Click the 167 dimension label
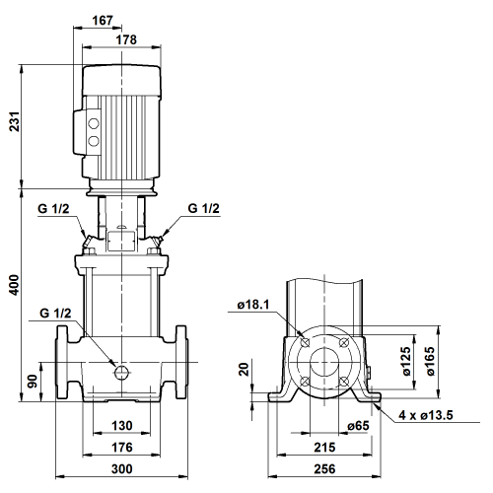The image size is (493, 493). [x=103, y=21]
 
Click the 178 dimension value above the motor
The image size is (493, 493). [x=126, y=39]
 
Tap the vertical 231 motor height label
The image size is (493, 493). [x=15, y=121]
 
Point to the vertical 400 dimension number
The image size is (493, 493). [x=15, y=285]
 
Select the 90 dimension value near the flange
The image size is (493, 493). [x=33, y=381]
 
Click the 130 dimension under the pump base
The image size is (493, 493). [x=122, y=426]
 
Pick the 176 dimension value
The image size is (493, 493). [x=122, y=448]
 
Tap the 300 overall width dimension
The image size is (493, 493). [x=122, y=469]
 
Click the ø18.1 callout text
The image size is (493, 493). [x=253, y=305]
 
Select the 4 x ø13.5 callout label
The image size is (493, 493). [x=426, y=415]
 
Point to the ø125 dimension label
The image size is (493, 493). [x=406, y=361]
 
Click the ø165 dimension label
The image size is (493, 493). [x=430, y=361]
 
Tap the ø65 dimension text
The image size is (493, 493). [x=358, y=426]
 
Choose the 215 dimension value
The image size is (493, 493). [x=324, y=448]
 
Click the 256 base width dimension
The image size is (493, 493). [x=324, y=469]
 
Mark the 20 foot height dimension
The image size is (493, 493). [x=244, y=369]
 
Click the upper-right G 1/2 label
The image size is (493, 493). [x=203, y=208]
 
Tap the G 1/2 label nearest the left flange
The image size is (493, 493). [x=55, y=314]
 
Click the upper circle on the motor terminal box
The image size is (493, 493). [x=94, y=124]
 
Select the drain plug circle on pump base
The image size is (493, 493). [x=121, y=372]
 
